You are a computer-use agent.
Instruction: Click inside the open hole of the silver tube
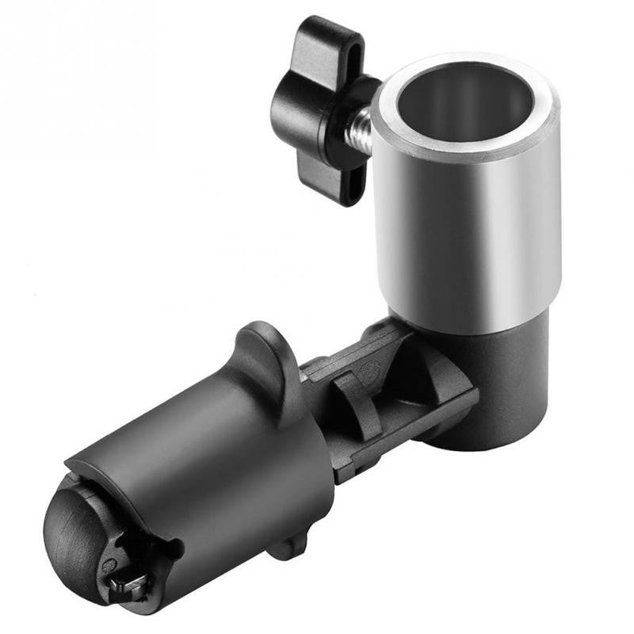tap(464, 103)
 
